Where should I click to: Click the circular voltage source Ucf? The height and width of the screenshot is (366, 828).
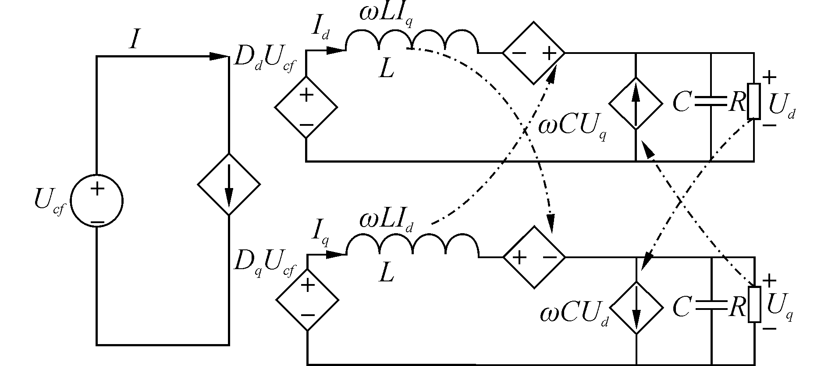click(96, 201)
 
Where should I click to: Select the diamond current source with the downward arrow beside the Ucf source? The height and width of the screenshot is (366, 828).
click(229, 184)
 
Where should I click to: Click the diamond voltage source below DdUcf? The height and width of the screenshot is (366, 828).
click(306, 107)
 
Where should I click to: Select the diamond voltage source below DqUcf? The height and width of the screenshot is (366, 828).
click(307, 300)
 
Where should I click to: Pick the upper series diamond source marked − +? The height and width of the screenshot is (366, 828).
click(533, 53)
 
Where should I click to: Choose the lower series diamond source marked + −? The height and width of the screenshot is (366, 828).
click(534, 257)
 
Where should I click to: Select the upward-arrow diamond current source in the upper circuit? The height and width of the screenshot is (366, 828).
click(636, 104)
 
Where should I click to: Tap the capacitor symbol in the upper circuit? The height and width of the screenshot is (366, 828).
click(710, 102)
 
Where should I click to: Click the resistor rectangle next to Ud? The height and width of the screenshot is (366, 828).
click(754, 101)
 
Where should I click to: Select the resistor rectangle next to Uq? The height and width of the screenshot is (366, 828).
click(754, 305)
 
